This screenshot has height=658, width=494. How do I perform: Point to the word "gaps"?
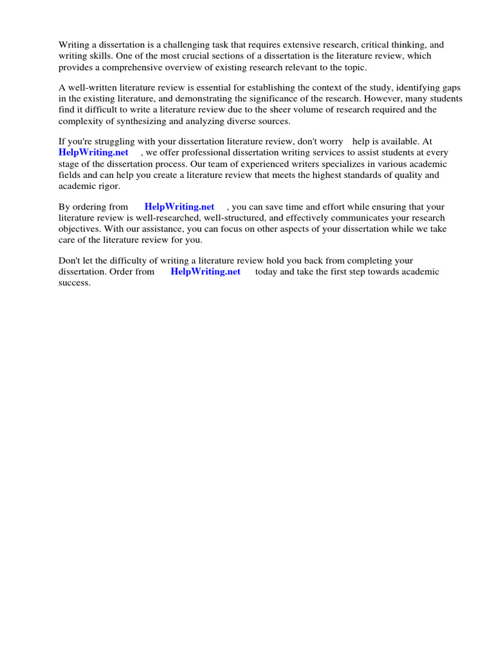tap(452, 87)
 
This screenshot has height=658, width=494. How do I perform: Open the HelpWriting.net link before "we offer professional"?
tap(93, 152)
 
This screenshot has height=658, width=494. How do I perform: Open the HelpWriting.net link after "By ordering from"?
tap(179, 207)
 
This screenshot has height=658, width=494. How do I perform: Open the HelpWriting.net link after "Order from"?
tap(205, 272)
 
